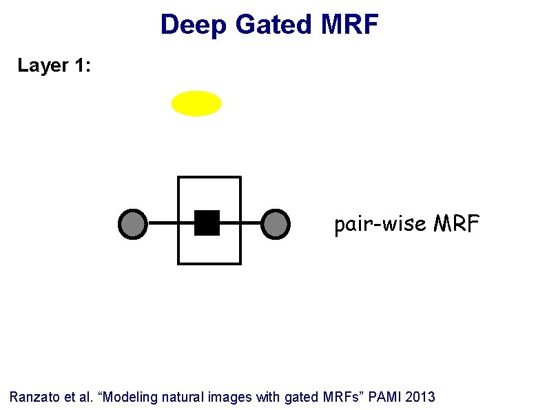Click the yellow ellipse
[x=196, y=103]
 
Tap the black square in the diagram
[x=207, y=223]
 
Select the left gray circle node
[x=133, y=223]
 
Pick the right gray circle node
[x=276, y=223]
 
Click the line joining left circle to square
[x=163, y=223]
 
